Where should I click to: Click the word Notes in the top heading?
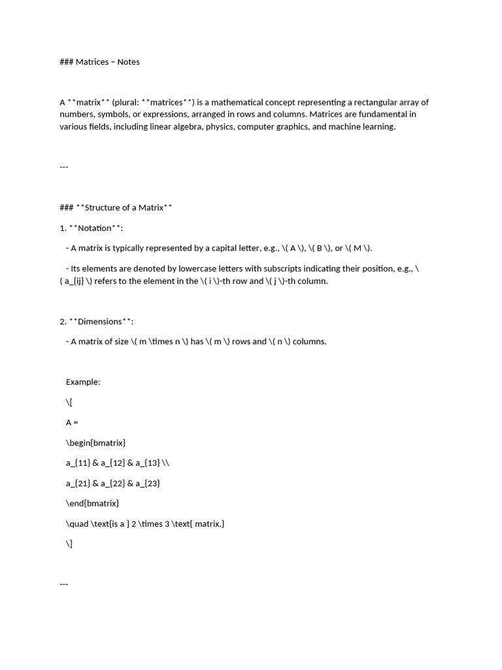coord(128,62)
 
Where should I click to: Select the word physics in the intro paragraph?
coord(219,127)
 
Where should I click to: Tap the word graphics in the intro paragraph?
coord(290,127)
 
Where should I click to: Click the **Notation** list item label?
coord(95,228)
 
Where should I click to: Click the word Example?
coord(83,382)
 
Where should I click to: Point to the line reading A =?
coord(72,423)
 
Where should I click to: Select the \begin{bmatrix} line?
coord(95,443)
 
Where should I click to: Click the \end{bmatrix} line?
coord(92,503)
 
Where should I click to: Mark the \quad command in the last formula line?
coord(77,523)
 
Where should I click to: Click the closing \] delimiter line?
coord(69,544)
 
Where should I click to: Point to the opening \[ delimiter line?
coord(69,402)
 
